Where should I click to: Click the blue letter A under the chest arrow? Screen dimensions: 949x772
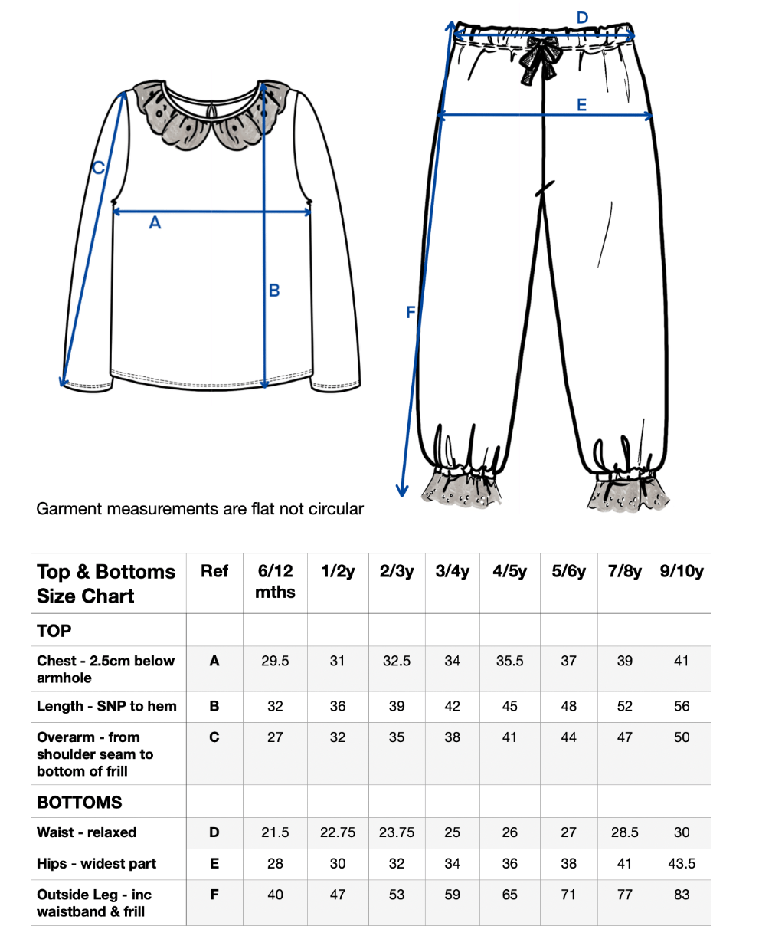[x=155, y=223]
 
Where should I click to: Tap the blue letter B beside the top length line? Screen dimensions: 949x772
[x=274, y=291]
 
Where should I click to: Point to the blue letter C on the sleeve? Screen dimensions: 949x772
[x=98, y=168]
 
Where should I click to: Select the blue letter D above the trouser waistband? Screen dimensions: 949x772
[x=582, y=18]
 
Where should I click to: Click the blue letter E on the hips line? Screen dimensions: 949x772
[x=581, y=105]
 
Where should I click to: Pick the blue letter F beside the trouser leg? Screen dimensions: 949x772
[x=411, y=312]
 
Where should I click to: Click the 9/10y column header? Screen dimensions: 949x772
[x=682, y=571]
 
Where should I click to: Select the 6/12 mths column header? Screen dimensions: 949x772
[x=275, y=581]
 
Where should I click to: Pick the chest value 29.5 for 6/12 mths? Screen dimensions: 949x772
[x=275, y=661]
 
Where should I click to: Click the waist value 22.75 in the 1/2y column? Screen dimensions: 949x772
[x=338, y=832]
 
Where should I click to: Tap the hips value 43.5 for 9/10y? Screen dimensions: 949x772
[x=682, y=863]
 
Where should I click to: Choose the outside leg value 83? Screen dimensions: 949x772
[x=682, y=895]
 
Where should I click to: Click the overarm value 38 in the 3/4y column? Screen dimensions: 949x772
[x=453, y=737]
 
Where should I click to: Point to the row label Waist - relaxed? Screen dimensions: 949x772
[x=87, y=832]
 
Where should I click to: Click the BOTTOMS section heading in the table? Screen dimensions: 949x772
[x=80, y=803]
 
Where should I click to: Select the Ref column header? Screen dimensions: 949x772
[x=214, y=571]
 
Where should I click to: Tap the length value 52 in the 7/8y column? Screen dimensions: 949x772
[x=625, y=706]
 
